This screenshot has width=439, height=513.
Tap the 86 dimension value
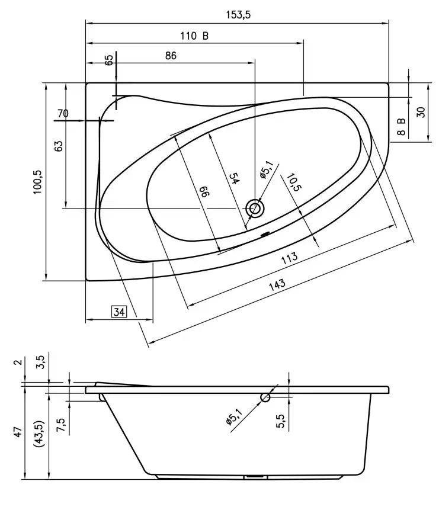pyautogui.click(x=171, y=56)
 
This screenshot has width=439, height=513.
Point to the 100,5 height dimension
pyautogui.click(x=37, y=182)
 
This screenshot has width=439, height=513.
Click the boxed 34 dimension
pyautogui.click(x=119, y=312)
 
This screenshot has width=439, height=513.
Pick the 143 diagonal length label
pyautogui.click(x=277, y=284)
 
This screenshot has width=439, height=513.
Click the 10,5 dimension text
pyautogui.click(x=293, y=185)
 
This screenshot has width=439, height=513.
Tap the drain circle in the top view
pyautogui.click(x=256, y=208)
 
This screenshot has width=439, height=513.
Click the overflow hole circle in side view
pyautogui.click(x=266, y=397)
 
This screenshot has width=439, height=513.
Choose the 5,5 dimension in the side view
pyautogui.click(x=281, y=421)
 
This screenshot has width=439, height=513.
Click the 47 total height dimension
pyautogui.click(x=18, y=431)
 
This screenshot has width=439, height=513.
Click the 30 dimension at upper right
pyautogui.click(x=421, y=112)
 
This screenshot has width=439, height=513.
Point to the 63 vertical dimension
pyautogui.click(x=58, y=146)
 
